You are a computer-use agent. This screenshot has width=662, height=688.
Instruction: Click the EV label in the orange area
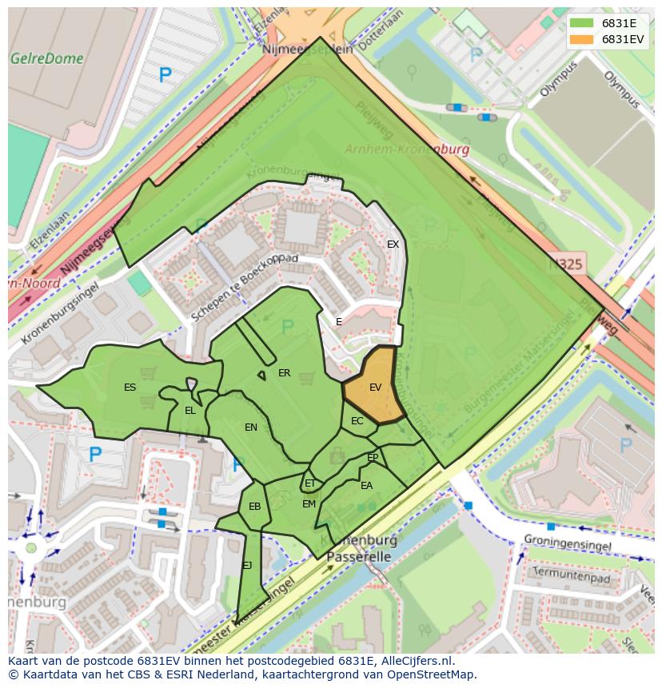coord(375,387)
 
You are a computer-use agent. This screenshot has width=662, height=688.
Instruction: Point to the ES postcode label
coord(130,388)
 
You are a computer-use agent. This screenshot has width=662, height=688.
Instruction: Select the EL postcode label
coord(189,411)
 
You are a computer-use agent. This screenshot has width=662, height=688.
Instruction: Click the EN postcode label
coord(251,428)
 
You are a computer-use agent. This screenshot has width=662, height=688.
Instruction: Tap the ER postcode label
coord(284,373)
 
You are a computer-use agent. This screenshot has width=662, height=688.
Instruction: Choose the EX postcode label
coord(393,245)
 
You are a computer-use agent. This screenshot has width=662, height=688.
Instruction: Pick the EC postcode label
coord(357,421)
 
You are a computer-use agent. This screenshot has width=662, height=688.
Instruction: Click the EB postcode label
coord(254,507)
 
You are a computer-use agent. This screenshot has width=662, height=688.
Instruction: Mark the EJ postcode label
coord(247,566)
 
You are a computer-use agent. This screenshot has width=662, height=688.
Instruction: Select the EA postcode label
coord(366,486)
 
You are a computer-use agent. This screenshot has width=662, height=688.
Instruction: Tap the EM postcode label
coord(309,504)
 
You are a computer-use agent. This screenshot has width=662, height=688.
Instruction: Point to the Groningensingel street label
coord(568,545)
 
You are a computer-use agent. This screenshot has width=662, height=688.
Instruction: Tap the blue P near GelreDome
coord(165,76)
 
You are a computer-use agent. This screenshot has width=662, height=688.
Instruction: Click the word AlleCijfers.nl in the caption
coord(408,661)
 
